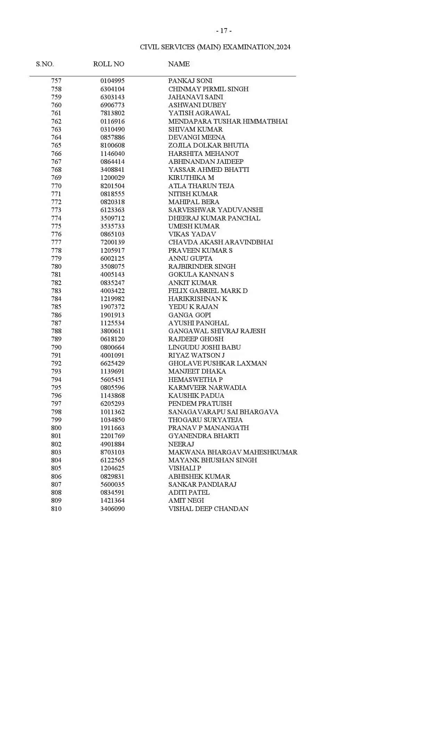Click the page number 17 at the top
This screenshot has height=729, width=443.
pyautogui.click(x=224, y=31)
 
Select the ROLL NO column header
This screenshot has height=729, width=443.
pyautogui.click(x=108, y=64)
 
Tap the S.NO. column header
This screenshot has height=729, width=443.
pyautogui.click(x=45, y=64)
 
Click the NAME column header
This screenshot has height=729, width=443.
pyautogui.click(x=179, y=64)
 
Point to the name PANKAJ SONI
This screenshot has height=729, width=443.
pyautogui.click(x=190, y=81)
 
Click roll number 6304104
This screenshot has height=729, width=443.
pyautogui.click(x=112, y=89)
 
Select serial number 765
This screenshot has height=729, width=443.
pyautogui.click(x=56, y=145)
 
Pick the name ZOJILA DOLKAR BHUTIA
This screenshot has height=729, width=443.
pyautogui.click(x=208, y=145)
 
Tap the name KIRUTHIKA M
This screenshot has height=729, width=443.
pyautogui.click(x=191, y=178)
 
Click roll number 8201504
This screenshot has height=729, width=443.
pyautogui.click(x=112, y=186)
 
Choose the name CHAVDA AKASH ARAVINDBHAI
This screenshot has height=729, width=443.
pyautogui.click(x=221, y=242)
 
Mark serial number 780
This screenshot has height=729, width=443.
pyautogui.click(x=56, y=267)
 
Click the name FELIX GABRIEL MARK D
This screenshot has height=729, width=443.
pyautogui.click(x=208, y=291)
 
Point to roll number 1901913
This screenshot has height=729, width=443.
pyautogui.click(x=112, y=315)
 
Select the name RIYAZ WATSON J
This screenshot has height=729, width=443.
pyautogui.click(x=196, y=355)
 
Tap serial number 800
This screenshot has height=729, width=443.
pyautogui.click(x=56, y=428)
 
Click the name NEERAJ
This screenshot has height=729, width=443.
pyautogui.click(x=181, y=444)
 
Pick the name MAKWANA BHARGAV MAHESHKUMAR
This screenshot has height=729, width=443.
pyautogui.click(x=233, y=452)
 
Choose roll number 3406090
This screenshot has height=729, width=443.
pyautogui.click(x=112, y=509)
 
